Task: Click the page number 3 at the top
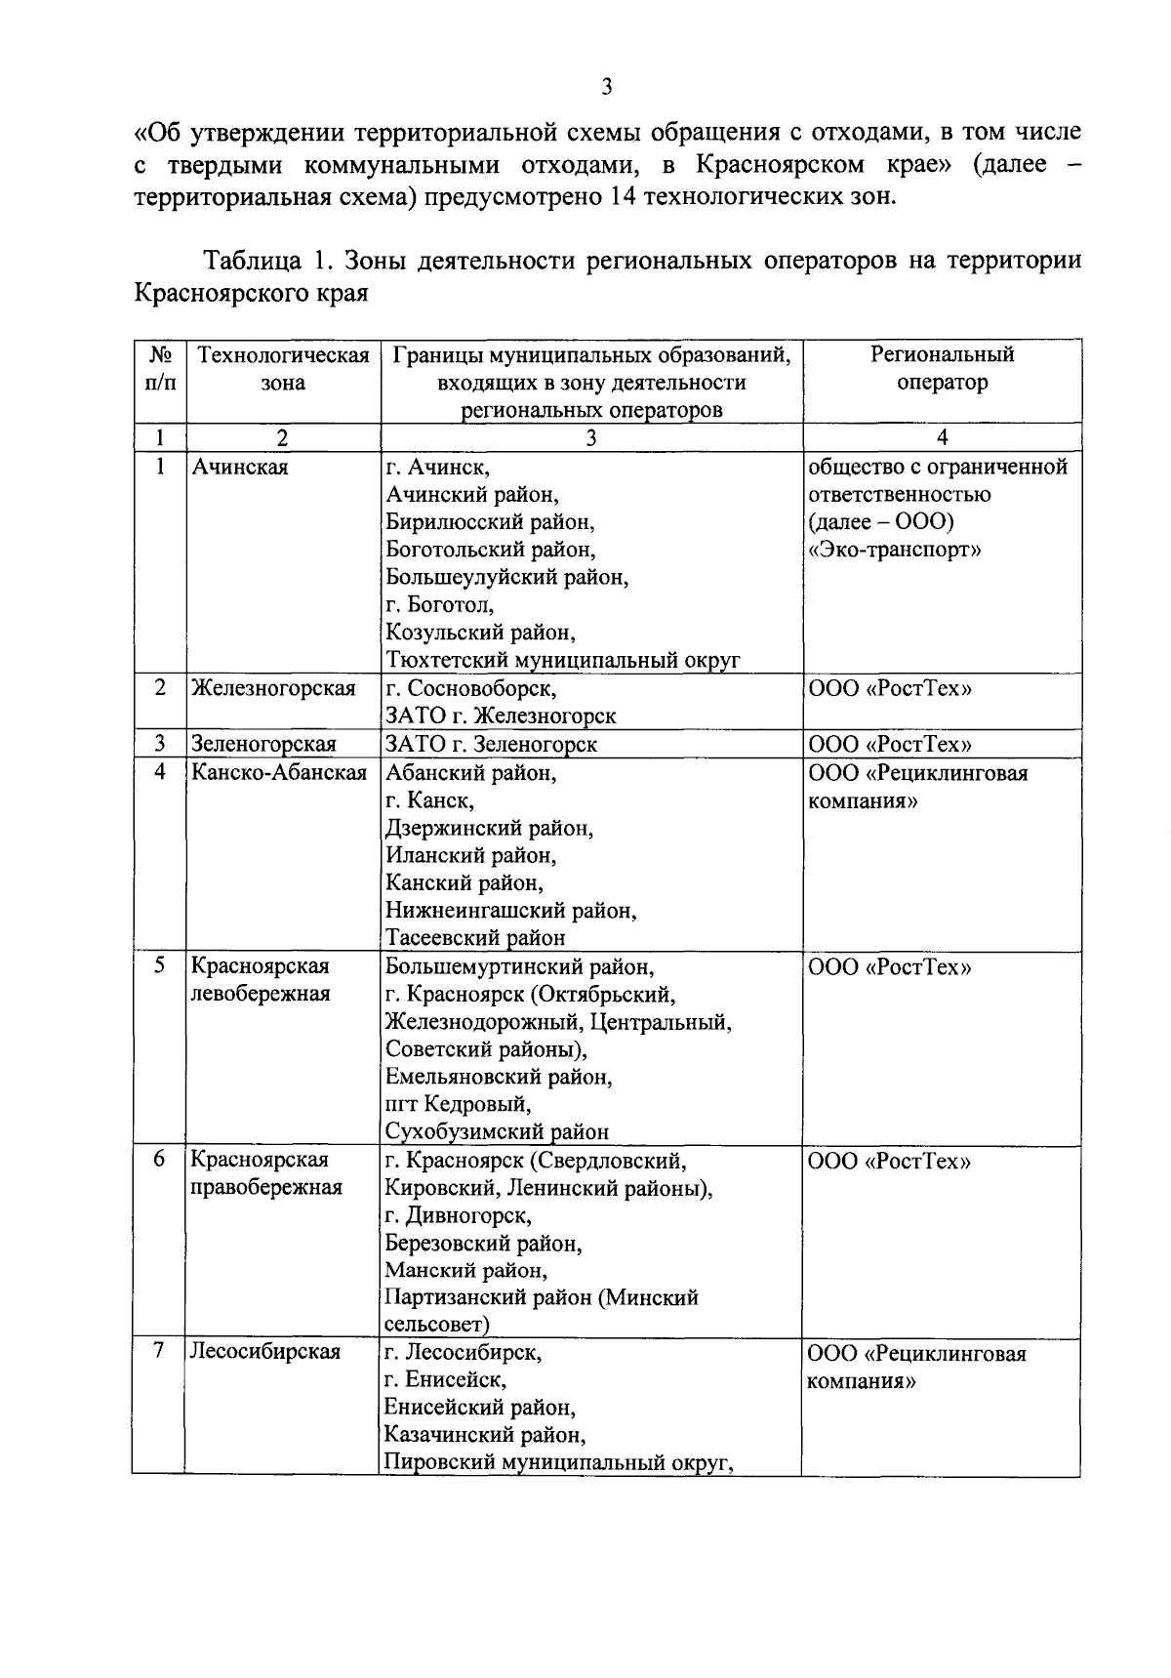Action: click(607, 88)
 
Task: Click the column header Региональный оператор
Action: click(942, 368)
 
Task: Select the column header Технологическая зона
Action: click(283, 368)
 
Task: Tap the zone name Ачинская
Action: click(240, 467)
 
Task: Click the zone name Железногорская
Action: click(273, 688)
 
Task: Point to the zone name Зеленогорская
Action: click(263, 744)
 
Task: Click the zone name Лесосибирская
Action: click(265, 1352)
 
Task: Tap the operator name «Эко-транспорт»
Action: click(895, 550)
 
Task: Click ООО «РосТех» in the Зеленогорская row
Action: click(890, 744)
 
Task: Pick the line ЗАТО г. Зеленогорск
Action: click(491, 744)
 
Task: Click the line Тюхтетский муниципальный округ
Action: click(562, 660)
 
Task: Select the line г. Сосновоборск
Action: click(470, 688)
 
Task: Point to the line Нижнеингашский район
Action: click(510, 911)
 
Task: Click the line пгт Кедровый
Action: click(458, 1104)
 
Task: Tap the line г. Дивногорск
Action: click(458, 1216)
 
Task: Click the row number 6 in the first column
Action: click(159, 1160)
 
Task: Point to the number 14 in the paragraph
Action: click(624, 195)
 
